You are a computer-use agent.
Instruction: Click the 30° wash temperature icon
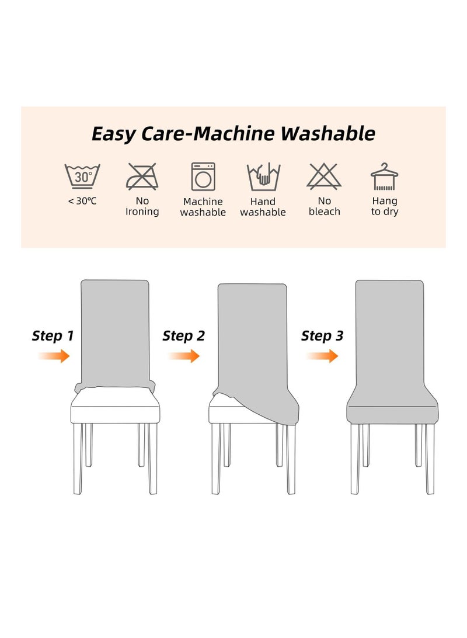[82, 176]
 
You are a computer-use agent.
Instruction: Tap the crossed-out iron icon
[142, 176]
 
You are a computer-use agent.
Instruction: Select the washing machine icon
[203, 176]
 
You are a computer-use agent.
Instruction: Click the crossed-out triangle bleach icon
[324, 176]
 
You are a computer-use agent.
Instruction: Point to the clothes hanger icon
[384, 176]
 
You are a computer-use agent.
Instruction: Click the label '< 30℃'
[82, 202]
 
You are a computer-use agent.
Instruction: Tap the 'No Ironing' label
[142, 206]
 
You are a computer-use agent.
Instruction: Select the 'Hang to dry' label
[384, 206]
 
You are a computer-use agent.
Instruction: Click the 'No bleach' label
[324, 206]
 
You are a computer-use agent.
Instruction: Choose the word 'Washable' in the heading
[327, 134]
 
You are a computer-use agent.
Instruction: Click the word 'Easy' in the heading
[114, 134]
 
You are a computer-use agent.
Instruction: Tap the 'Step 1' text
[53, 336]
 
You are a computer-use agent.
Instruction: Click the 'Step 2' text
[184, 336]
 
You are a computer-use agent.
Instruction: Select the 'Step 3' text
[322, 336]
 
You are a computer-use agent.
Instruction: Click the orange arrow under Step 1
[54, 356]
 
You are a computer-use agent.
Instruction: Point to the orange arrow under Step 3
[322, 356]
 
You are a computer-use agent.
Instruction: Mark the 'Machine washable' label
[203, 207]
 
